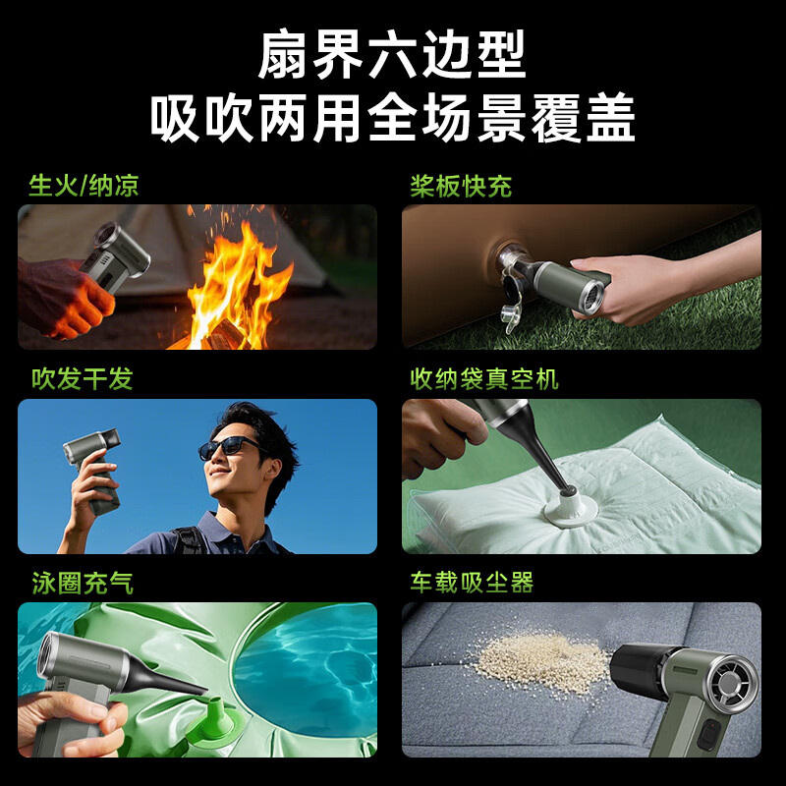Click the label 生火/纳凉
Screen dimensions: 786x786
click(84, 186)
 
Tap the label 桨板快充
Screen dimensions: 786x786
click(461, 186)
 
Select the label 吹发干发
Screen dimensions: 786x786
click(82, 379)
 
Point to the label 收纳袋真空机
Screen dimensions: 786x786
click(484, 379)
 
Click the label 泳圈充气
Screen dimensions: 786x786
click(82, 583)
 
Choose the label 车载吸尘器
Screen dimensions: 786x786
click(472, 583)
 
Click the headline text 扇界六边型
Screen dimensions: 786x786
click(392, 56)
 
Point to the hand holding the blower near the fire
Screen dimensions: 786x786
click(64, 295)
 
